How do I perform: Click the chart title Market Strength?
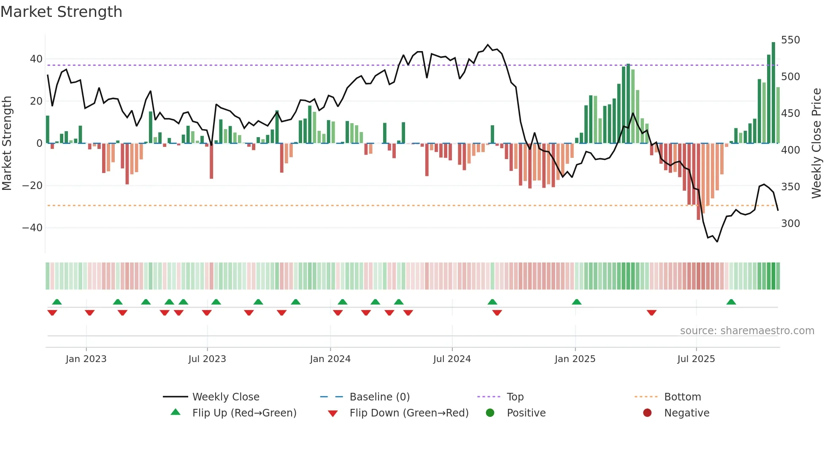[61, 12]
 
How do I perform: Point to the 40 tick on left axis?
[36, 59]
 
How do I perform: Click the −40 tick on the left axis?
[32, 228]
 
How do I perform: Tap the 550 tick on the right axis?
[790, 40]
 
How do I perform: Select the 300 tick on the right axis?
[790, 224]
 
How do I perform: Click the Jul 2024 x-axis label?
[452, 359]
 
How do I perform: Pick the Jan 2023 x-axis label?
[86, 359]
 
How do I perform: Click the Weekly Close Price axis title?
[816, 143]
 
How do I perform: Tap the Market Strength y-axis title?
[7, 143]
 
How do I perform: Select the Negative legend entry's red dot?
[647, 413]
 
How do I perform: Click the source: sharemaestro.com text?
[747, 331]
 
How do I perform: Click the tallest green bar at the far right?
[773, 93]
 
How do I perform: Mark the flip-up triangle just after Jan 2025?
[577, 302]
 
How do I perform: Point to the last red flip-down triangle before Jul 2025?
[651, 313]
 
